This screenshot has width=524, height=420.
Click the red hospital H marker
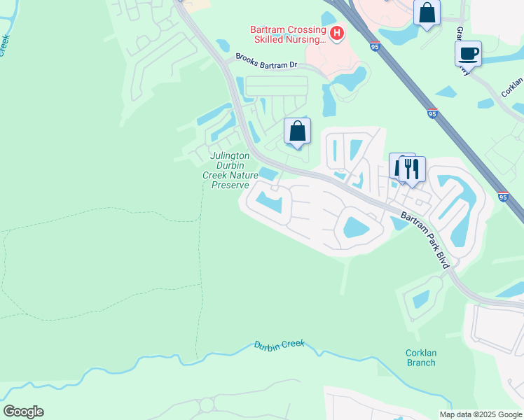[338, 32]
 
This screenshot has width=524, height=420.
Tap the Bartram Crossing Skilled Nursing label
[288, 35]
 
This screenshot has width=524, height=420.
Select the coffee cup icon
[468, 53]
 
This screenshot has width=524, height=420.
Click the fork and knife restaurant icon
[412, 169]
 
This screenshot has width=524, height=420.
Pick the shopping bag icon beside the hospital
[427, 13]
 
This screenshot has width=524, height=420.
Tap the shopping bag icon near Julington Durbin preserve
[297, 130]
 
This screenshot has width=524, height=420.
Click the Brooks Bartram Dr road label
[266, 63]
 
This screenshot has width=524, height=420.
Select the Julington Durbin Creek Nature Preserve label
[230, 170]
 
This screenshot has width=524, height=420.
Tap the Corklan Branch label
[420, 358]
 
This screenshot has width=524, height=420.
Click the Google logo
[23, 412]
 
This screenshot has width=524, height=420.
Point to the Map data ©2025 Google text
[480, 414]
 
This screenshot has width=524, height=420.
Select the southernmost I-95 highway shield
[503, 197]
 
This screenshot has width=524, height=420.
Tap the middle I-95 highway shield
[432, 112]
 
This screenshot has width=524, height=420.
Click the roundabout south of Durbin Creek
[207, 405]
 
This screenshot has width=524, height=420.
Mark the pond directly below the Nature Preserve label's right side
[270, 203]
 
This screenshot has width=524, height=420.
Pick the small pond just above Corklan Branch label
[421, 299]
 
